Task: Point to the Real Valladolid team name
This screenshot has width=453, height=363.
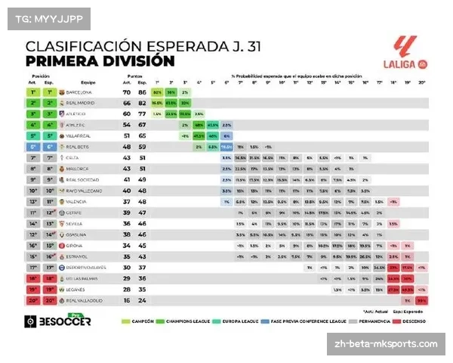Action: point(88,299)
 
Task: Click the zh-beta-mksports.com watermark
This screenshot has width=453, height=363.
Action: point(385,343)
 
